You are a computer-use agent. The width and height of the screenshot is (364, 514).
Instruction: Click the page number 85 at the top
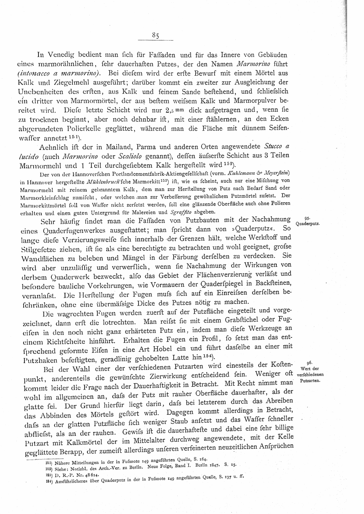click(x=156, y=35)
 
